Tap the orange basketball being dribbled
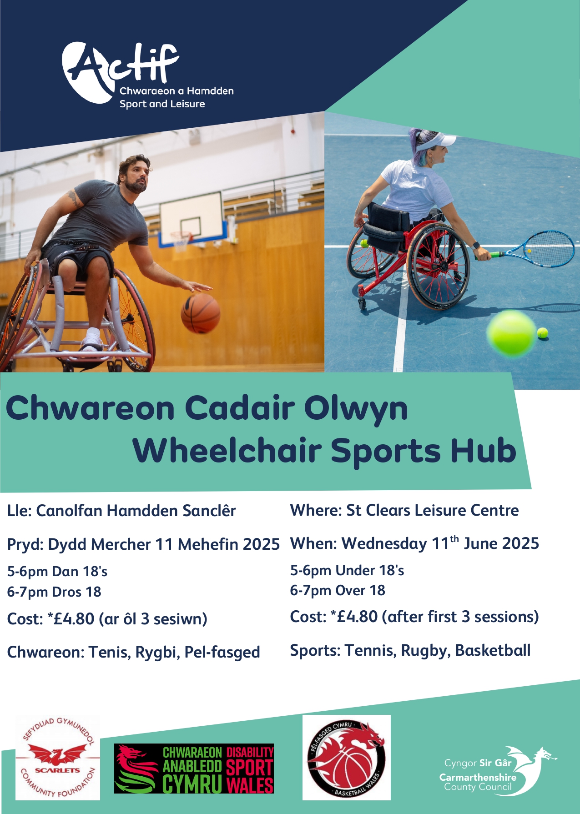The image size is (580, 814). coord(201,313)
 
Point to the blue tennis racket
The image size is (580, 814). coord(532,249)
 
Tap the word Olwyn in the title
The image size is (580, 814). coord(356,408)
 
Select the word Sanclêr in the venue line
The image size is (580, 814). coord(209,511)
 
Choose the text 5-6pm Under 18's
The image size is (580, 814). coord(347,570)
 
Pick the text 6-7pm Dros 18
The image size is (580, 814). coord(54,592)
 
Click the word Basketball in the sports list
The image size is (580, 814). coord(493,651)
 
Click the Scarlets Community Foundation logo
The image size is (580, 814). coord(58,758)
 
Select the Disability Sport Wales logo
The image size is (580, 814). coord(194,769)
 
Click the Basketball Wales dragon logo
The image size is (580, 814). coord(347,758)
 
